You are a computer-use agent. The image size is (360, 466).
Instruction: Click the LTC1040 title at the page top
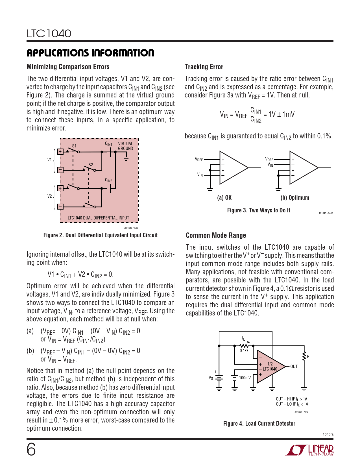(x=49, y=34)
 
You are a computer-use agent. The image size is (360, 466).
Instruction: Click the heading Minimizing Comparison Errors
(x=68, y=67)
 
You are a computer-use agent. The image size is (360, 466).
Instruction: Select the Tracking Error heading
(x=204, y=67)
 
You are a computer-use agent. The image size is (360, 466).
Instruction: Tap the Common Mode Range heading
(x=216, y=236)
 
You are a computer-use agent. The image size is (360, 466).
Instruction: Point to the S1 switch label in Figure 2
(x=74, y=146)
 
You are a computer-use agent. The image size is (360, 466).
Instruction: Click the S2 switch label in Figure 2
(x=91, y=165)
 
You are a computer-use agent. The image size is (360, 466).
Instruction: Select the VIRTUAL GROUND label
(x=125, y=146)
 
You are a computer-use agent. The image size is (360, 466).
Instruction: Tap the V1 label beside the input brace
(x=49, y=160)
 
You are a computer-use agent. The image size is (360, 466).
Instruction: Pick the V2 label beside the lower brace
(x=49, y=196)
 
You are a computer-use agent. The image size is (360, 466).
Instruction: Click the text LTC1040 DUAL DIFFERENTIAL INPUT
(x=98, y=218)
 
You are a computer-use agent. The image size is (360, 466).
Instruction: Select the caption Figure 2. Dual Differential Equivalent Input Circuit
(x=100, y=235)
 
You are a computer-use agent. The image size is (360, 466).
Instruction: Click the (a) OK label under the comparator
(x=224, y=198)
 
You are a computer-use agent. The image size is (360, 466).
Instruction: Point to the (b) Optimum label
(x=295, y=198)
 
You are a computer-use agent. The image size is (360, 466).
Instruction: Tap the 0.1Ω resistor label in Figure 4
(x=244, y=351)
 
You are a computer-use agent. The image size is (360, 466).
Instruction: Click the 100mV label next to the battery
(x=245, y=378)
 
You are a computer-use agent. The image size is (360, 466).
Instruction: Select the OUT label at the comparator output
(x=294, y=367)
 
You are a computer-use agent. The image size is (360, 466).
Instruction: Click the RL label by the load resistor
(x=309, y=357)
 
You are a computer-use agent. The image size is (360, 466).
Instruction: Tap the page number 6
(x=31, y=449)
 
